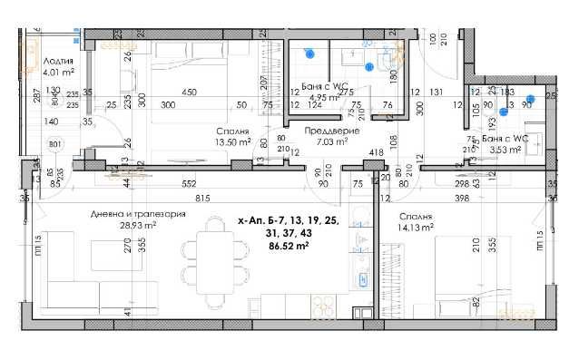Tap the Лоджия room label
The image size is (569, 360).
[59, 56]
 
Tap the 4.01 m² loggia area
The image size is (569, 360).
[58, 68]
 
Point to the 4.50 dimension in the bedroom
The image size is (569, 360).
[190, 92]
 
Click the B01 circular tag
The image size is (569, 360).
[55, 143]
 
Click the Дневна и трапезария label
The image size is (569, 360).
[139, 215]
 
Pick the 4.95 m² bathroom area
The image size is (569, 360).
[324, 97]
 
